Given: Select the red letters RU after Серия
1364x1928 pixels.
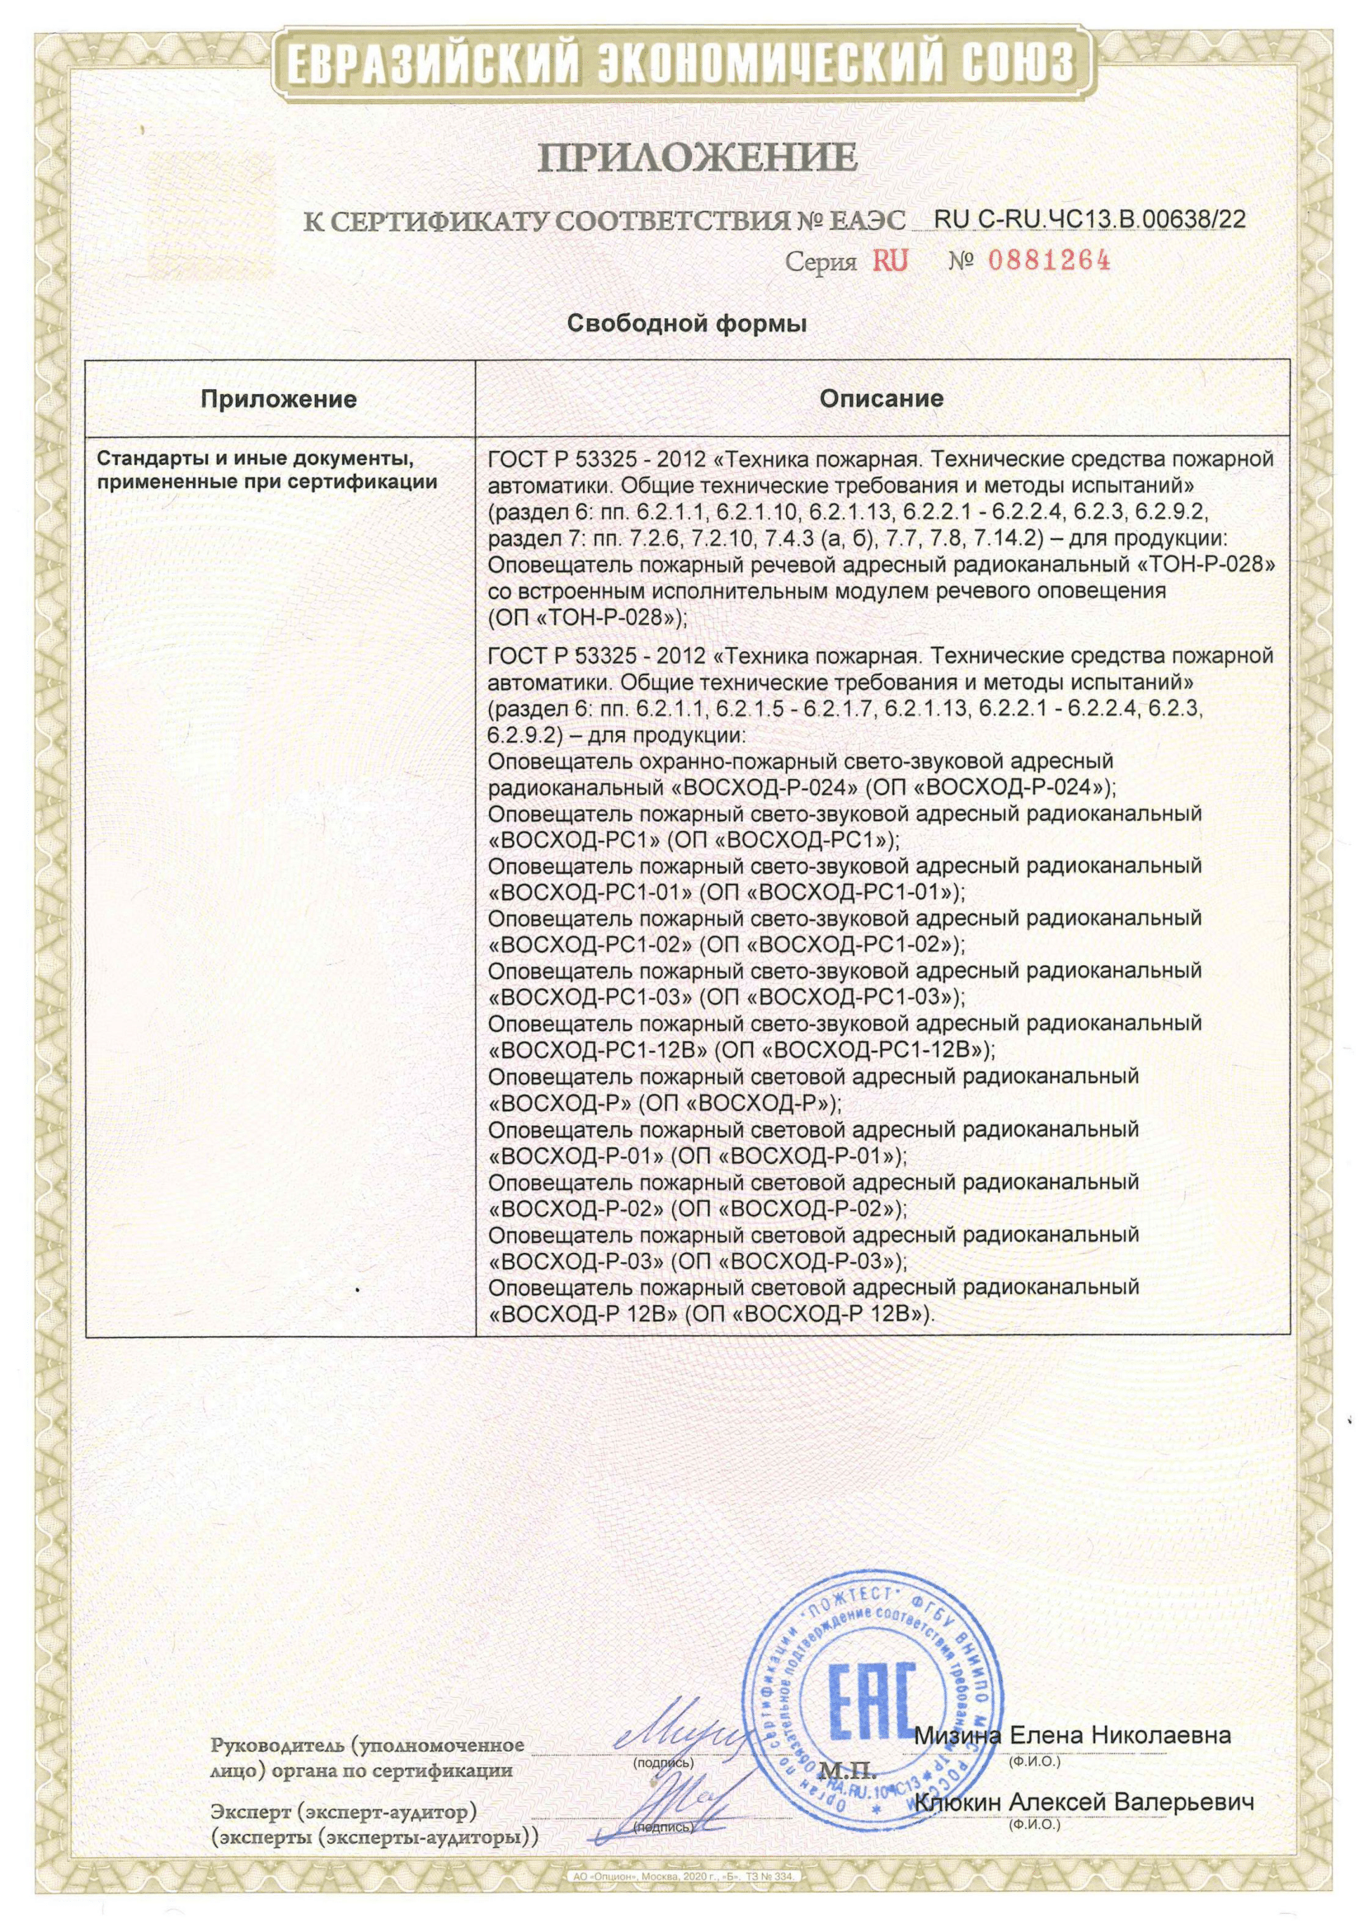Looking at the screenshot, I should point(891,261).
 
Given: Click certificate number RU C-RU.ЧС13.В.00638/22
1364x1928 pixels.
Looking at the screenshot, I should point(1090,219).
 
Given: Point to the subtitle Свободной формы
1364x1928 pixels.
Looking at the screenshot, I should point(687,323).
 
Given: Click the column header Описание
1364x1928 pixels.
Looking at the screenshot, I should point(881,398).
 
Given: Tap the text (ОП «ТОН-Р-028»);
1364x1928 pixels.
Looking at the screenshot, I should point(588,617).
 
